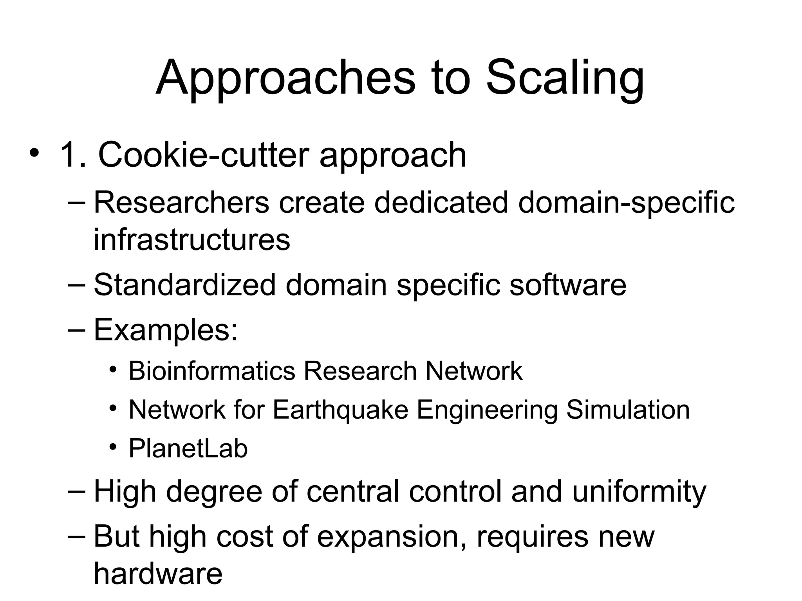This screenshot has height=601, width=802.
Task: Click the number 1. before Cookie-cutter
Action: click(x=73, y=155)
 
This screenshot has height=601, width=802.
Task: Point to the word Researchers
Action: click(x=181, y=202)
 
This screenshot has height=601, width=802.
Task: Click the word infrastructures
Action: click(x=192, y=239)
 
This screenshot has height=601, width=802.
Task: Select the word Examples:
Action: click(x=166, y=330)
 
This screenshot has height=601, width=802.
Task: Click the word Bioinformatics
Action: click(x=211, y=371)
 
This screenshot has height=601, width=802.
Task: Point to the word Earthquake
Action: click(x=340, y=410)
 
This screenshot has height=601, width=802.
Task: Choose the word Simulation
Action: click(x=628, y=410)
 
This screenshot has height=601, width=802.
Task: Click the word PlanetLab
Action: click(x=188, y=448)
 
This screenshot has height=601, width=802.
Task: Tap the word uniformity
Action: click(x=639, y=491)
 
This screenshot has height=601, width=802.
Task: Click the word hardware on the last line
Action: click(x=158, y=574)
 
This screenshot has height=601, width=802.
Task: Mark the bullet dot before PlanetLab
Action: click(x=113, y=446)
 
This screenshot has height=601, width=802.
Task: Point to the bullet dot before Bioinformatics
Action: click(x=113, y=369)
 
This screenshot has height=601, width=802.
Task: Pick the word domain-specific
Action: click(x=626, y=202)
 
